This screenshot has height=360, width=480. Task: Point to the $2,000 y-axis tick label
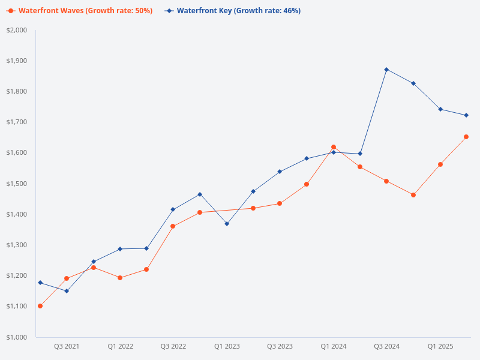17,30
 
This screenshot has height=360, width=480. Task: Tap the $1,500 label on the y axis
17,184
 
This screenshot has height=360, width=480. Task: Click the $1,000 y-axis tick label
17,337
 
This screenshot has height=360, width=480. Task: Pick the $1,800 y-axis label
17,92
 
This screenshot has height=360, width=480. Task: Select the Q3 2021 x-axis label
67,346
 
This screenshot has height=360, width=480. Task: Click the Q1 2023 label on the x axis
227,346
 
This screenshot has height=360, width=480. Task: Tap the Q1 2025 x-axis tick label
440,346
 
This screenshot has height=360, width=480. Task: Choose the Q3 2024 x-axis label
387,346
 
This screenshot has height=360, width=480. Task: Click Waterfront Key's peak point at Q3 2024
387,70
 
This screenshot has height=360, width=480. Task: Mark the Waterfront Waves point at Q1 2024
334,147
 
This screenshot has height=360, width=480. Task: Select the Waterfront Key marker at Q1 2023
227,224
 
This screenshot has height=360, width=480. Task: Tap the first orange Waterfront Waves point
40,306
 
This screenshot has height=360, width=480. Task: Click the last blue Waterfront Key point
466,115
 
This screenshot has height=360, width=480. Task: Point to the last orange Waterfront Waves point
466,137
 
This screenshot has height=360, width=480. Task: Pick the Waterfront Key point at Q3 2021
67,291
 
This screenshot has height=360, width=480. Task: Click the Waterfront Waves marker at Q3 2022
173,226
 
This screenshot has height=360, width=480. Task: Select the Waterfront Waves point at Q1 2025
440,164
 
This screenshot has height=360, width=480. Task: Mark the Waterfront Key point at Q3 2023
280,172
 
